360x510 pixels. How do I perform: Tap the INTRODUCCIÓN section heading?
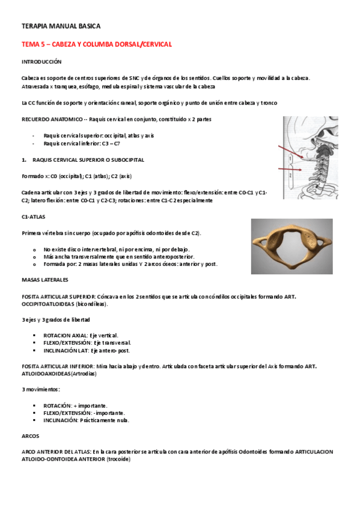(x=41, y=62)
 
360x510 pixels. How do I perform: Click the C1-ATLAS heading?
(x=34, y=217)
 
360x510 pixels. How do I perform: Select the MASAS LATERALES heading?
(x=45, y=280)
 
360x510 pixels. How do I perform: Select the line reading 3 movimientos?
(x=40, y=389)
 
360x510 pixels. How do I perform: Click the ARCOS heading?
(x=30, y=436)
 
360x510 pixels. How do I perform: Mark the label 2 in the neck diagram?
(x=290, y=175)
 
